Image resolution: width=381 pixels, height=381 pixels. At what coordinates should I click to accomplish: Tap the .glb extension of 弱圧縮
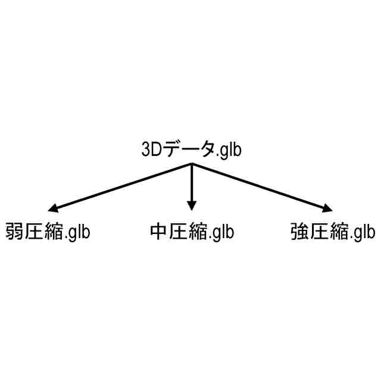point(77,232)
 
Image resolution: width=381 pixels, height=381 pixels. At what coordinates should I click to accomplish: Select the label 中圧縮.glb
point(191,231)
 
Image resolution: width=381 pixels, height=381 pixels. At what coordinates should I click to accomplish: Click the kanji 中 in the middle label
point(158,230)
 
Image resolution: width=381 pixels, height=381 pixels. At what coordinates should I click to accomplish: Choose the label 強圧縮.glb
point(333,231)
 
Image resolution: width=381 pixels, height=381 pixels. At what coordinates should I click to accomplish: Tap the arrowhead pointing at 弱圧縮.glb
point(53,208)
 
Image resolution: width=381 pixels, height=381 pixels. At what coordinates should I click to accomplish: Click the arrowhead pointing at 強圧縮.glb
point(327,208)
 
